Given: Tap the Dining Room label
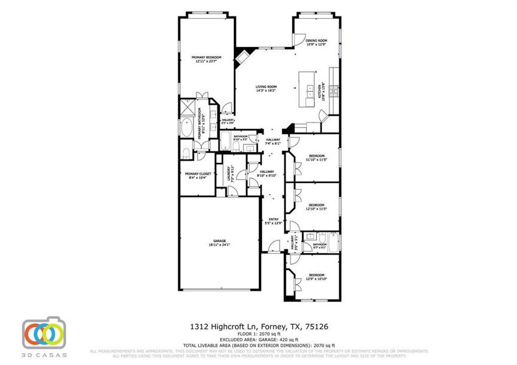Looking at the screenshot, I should [x=316, y=42].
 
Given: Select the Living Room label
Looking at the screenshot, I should [x=266, y=88].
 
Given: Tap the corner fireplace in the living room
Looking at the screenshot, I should [x=242, y=55].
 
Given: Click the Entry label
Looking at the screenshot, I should [x=269, y=221].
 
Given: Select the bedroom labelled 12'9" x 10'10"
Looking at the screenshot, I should [x=315, y=276].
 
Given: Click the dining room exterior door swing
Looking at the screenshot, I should [x=298, y=39].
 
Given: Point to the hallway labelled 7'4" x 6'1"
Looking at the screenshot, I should [x=272, y=142].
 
